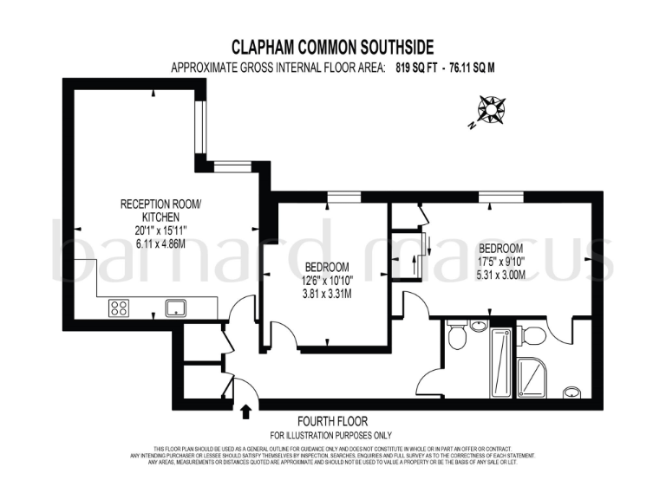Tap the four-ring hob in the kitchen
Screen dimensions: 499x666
tap(119, 307)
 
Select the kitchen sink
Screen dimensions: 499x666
tap(176, 307)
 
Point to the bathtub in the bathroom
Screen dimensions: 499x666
tap(500, 360)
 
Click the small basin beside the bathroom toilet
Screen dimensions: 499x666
tap(478, 326)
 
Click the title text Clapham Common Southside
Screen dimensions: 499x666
tap(332, 47)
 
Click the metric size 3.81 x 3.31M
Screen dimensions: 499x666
tap(327, 293)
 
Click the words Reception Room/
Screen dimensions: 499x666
tap(160, 204)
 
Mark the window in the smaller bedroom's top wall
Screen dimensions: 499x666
tap(343, 198)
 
